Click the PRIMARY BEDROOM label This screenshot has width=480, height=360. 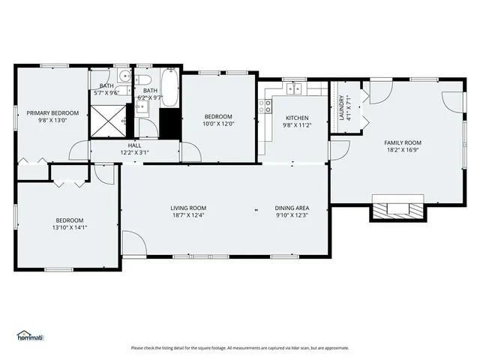pyautogui.click(x=52, y=113)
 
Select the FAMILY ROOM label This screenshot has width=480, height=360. pyautogui.click(x=403, y=142)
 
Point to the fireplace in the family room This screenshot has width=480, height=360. pyautogui.click(x=397, y=208)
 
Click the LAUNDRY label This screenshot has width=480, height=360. pyautogui.click(x=342, y=108)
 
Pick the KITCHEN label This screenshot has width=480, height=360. pyautogui.click(x=297, y=118)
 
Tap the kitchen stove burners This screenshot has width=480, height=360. pyautogui.click(x=265, y=106)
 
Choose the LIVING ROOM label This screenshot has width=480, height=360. pyautogui.click(x=188, y=208)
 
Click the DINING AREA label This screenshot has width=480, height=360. pyautogui.click(x=292, y=208)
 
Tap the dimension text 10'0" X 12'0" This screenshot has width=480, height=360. pyautogui.click(x=220, y=124)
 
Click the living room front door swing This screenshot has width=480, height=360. pyautogui.click(x=133, y=244)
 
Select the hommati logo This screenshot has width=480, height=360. pyautogui.click(x=31, y=336)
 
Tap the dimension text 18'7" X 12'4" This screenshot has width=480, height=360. pyautogui.click(x=188, y=215)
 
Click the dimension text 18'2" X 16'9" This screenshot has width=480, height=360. pyautogui.click(x=403, y=150)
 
